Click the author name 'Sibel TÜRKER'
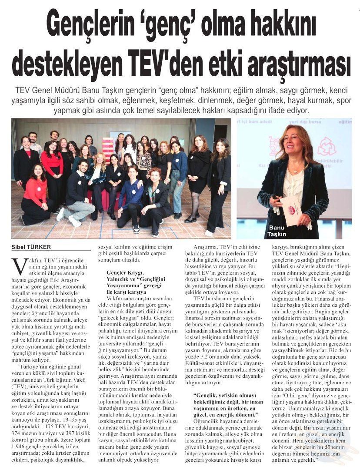[x=31, y=247]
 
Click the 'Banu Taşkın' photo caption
[x=277, y=230]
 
